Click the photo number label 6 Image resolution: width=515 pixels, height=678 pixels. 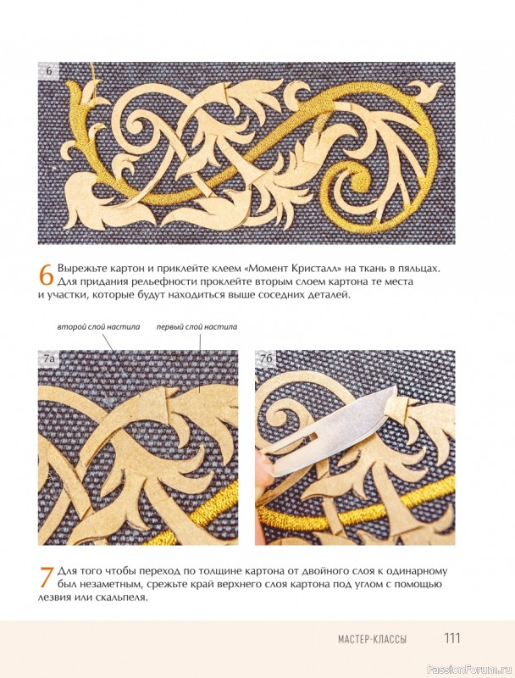click(x=49, y=71)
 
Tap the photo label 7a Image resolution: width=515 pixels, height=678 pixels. click(x=47, y=358)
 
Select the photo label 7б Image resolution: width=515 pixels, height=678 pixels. click(x=265, y=358)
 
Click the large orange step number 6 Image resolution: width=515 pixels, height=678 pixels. click(x=47, y=274)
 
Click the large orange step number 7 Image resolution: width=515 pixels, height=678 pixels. click(x=47, y=577)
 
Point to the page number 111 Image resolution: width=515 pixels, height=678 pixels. click(x=452, y=638)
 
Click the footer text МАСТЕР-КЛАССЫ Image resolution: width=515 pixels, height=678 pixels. click(x=373, y=639)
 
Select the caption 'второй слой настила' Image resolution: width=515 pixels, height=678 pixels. click(x=98, y=327)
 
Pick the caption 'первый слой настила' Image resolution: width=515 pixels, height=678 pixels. click(x=197, y=327)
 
